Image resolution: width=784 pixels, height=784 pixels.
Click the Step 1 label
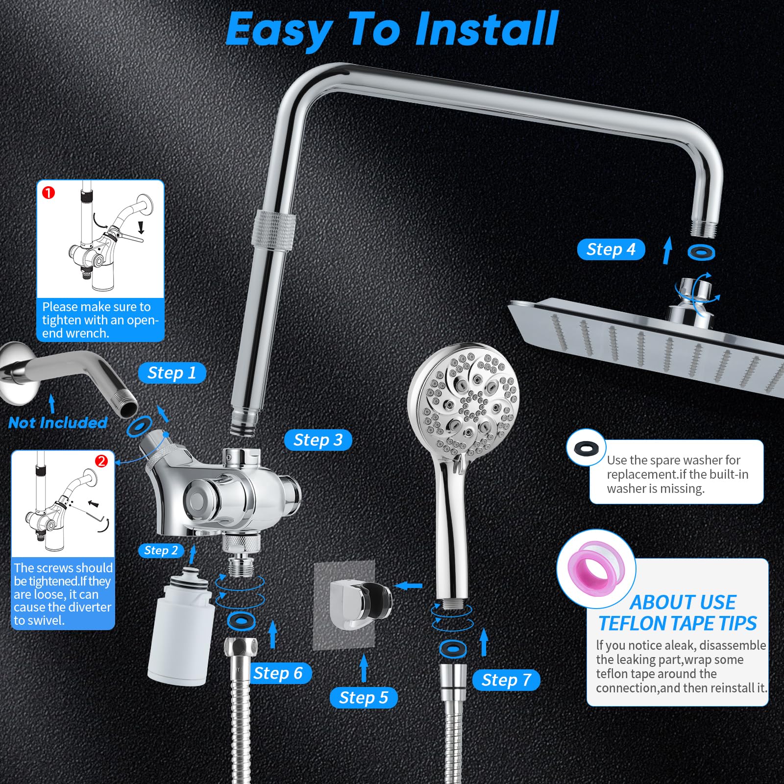pos(171,373)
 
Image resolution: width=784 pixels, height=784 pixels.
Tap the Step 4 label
pos(611,249)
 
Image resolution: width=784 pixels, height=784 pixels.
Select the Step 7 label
pos(506,680)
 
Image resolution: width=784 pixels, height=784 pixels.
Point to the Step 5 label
pos(363,698)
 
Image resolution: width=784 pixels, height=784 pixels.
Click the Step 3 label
pos(318,440)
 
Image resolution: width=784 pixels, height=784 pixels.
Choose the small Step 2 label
pos(161,551)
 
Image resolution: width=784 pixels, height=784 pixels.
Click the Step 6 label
pos(278,673)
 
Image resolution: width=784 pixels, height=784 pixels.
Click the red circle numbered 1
pos(49,193)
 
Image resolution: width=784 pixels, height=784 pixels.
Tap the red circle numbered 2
pos(101,461)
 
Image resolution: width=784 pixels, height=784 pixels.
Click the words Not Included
pos(57,423)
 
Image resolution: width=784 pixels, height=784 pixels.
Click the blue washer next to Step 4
pos(701,253)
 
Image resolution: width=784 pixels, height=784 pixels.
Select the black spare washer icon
pos(586,447)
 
